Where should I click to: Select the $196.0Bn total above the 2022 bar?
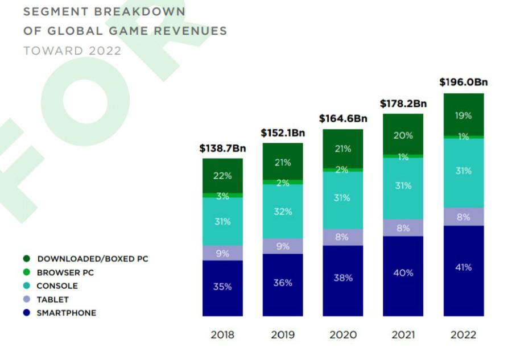point(464,82)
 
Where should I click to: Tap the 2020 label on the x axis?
point(342,335)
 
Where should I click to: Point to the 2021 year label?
point(403,335)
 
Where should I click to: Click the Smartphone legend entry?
point(66,313)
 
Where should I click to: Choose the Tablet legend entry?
point(52,299)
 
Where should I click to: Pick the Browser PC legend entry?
point(65,272)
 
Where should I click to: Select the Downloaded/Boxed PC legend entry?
point(92,259)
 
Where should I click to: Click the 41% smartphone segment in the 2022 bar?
point(464,267)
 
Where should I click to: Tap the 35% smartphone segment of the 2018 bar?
point(222,287)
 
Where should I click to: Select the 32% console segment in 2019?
point(283,212)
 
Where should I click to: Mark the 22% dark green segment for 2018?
point(222,176)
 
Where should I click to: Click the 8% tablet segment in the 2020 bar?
point(342,237)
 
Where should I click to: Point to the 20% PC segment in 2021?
point(403,135)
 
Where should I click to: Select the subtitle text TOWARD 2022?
point(72,51)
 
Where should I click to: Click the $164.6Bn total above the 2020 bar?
point(342,118)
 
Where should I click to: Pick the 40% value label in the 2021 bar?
point(403,273)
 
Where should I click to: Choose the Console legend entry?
point(57,286)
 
